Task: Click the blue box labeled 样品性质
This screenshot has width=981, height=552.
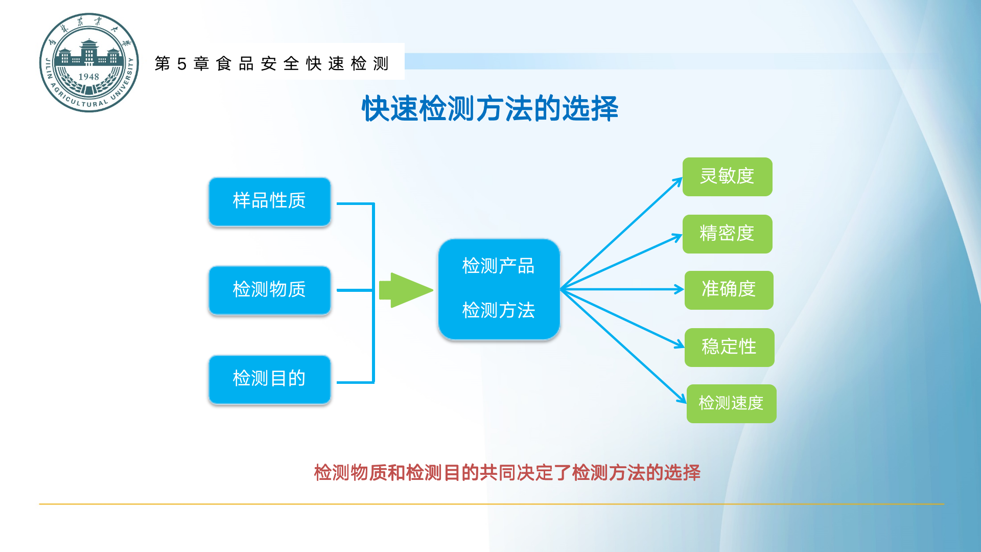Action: click(x=269, y=201)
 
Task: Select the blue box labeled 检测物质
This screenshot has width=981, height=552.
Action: click(x=269, y=290)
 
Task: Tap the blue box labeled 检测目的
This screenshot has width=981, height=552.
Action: click(x=269, y=379)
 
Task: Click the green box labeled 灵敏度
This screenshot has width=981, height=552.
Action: click(x=727, y=177)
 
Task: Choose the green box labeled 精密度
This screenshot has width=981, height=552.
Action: click(x=727, y=234)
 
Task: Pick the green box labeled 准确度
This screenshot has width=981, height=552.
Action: click(x=729, y=290)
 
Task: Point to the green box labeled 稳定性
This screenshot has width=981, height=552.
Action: click(x=729, y=347)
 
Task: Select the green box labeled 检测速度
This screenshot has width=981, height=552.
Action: click(x=731, y=404)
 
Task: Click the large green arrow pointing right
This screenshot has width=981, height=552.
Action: click(x=406, y=290)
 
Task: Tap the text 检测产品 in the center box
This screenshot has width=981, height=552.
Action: click(x=498, y=266)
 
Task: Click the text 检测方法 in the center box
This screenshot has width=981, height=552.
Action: click(x=498, y=310)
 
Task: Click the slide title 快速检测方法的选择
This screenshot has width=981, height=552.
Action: click(x=490, y=108)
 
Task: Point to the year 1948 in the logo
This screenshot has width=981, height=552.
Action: click(x=88, y=77)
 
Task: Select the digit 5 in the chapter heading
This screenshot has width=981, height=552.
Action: click(x=181, y=64)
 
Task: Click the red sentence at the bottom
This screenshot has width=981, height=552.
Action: click(x=507, y=473)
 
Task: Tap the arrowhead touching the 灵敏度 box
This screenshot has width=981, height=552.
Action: click(x=678, y=181)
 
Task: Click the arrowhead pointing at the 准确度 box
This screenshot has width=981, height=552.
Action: click(x=680, y=289)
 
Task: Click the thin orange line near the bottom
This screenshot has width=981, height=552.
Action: click(x=491, y=504)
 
